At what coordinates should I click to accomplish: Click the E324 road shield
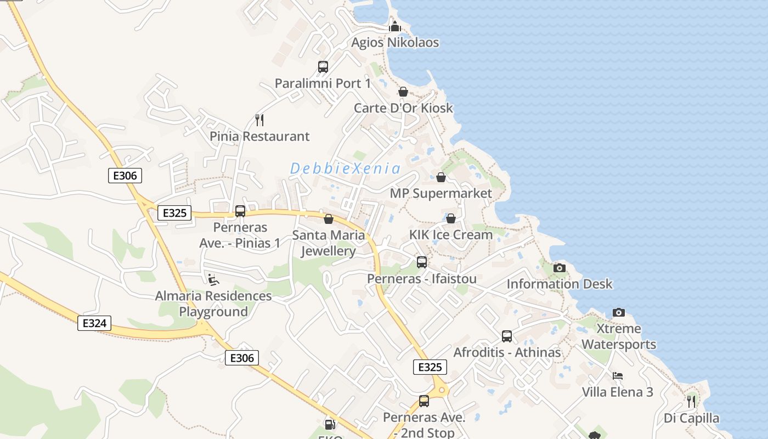[94, 323]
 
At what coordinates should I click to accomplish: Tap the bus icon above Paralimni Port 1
[323, 67]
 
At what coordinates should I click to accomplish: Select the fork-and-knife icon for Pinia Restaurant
[259, 120]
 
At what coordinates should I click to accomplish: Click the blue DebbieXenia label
[345, 168]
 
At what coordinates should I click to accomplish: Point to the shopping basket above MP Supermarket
[441, 177]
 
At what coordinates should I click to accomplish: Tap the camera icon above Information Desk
[560, 268]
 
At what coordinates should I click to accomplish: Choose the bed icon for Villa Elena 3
[618, 376]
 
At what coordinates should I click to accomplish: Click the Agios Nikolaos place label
[395, 42]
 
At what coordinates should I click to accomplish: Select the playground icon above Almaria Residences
[213, 280]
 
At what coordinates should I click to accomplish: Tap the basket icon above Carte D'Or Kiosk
[403, 92]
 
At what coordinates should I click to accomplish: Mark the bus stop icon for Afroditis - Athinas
[507, 336]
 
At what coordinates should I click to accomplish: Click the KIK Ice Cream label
[451, 235]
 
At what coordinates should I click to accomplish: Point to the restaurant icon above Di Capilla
[691, 402]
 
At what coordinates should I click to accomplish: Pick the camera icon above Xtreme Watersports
[619, 312]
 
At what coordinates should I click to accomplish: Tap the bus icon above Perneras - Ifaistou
[422, 262]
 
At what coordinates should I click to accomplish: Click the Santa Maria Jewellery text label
[329, 243]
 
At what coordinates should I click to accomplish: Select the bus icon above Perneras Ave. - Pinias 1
[240, 211]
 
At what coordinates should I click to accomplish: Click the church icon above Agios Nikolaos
[395, 26]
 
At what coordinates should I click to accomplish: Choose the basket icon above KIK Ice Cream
[451, 218]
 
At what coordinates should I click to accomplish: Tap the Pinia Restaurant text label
[259, 136]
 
